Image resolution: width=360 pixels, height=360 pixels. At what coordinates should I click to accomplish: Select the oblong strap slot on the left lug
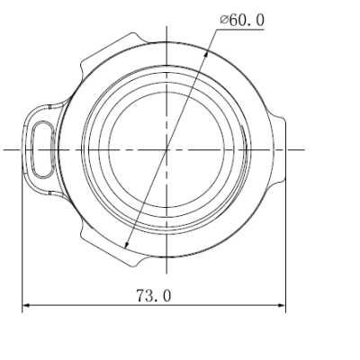39,148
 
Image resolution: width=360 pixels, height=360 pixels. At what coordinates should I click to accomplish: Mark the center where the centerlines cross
167,148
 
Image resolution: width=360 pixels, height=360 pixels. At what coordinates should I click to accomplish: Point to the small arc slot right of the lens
247,148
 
